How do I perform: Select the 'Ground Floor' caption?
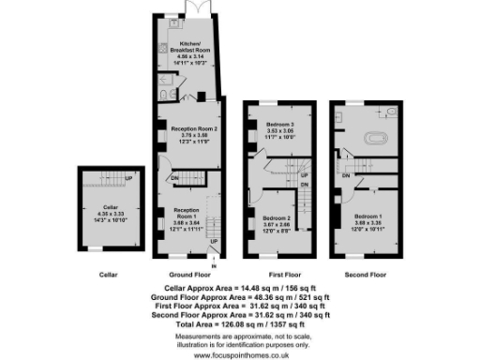[187, 274]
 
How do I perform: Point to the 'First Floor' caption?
[278, 274]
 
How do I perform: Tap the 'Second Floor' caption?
[366, 274]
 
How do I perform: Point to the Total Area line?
[240, 323]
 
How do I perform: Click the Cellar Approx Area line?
[240, 287]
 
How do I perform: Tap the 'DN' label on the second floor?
[346, 175]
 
